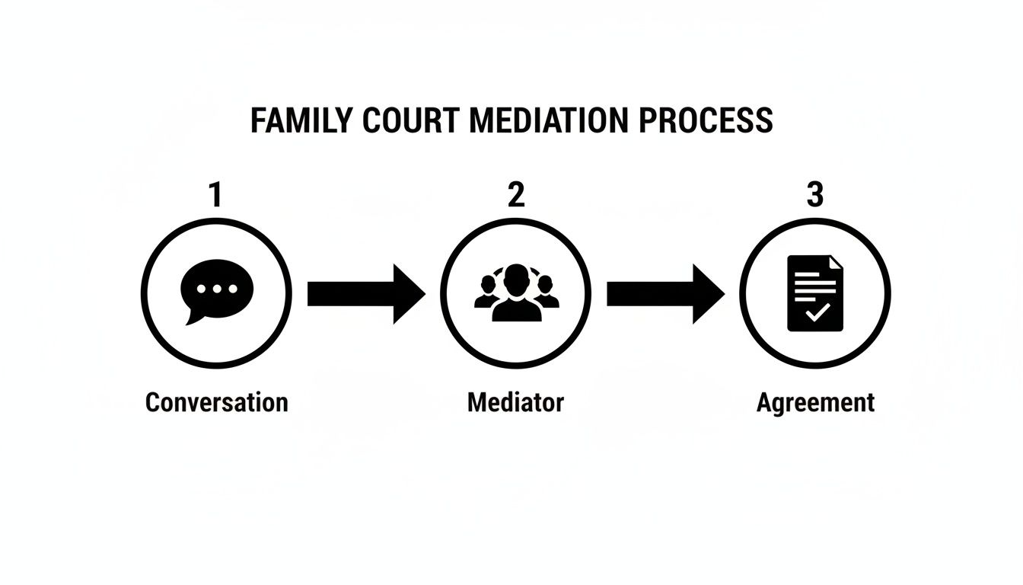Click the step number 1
(x=216, y=196)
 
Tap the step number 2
(x=516, y=196)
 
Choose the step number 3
(x=814, y=196)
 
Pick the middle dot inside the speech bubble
(x=218, y=289)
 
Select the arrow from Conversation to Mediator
(x=365, y=293)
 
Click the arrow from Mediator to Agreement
(x=664, y=293)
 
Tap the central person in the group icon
(x=516, y=293)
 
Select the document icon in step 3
(x=815, y=293)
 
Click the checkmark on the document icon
(x=817, y=312)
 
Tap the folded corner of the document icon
(x=836, y=262)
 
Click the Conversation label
(x=216, y=402)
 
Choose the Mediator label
(x=515, y=402)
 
